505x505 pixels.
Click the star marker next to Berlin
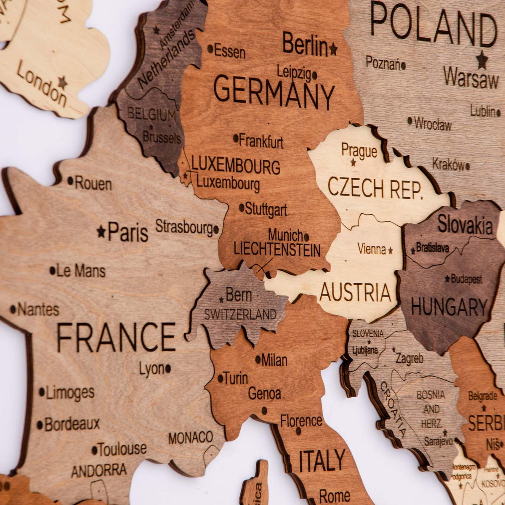click(x=333, y=49)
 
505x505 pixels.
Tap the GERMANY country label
click(x=274, y=93)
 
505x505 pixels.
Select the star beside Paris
click(x=101, y=231)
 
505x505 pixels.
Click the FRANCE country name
click(x=116, y=337)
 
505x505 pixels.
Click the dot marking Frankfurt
click(x=236, y=138)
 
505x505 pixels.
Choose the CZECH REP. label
click(x=375, y=188)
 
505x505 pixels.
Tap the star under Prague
click(x=353, y=162)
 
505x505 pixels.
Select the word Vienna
click(x=372, y=249)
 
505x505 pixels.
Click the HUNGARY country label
click(x=449, y=307)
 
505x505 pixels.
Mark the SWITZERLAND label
click(x=240, y=314)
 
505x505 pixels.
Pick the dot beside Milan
click(x=258, y=359)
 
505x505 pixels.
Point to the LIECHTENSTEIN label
click(x=277, y=250)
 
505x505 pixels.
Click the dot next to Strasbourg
click(x=216, y=230)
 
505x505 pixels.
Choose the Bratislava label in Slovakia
click(x=433, y=248)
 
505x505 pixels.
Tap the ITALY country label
click(x=322, y=461)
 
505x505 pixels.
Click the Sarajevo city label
click(x=438, y=441)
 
